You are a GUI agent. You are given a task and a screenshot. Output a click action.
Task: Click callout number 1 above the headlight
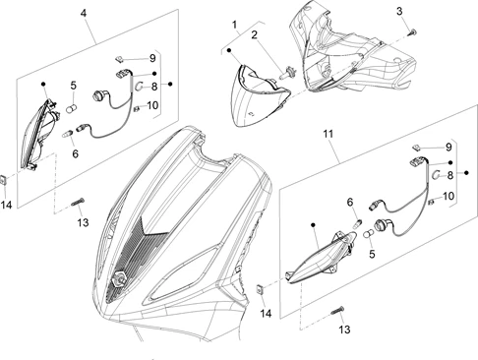coord(234,25)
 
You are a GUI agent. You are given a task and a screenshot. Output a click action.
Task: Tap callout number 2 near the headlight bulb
coord(255,35)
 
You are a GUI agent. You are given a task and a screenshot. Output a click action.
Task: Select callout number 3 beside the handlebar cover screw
coord(399,11)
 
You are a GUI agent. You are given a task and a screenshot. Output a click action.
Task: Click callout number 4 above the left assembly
coord(84,14)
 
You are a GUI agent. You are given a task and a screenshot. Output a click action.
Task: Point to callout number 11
coord(329,134)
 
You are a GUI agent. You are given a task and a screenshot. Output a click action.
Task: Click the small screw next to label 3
coord(412,31)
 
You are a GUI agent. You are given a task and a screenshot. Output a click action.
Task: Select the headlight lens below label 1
coord(259,95)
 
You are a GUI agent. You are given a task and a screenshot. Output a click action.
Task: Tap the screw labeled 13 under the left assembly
coord(78,202)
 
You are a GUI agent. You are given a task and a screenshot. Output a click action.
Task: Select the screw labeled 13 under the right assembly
coord(337,310)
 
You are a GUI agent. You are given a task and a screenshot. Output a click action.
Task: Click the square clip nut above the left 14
coord(5,181)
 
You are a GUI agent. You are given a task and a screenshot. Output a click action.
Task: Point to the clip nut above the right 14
coord(260,290)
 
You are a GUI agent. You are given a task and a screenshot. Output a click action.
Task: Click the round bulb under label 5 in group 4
coord(72,108)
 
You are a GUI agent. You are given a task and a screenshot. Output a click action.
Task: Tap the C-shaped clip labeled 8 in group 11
coord(436,175)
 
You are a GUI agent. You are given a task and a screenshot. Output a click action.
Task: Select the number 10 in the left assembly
coord(152,105)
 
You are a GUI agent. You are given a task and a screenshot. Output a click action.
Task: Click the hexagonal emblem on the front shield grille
coord(119,279)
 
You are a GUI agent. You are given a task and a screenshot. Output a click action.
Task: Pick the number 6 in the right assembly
coord(350,203)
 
